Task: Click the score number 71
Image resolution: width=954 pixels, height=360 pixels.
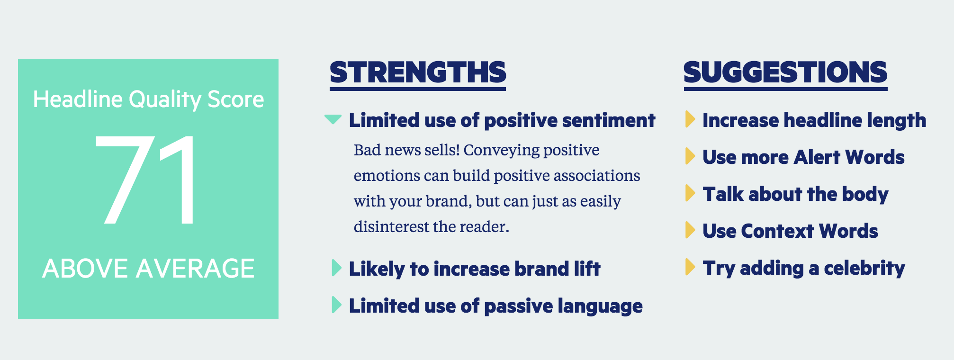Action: tap(146, 180)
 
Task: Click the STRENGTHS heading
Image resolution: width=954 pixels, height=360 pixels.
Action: tap(418, 73)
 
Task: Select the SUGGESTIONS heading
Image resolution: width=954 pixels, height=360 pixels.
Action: tap(785, 73)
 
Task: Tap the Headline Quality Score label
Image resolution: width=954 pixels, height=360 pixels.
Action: tap(148, 99)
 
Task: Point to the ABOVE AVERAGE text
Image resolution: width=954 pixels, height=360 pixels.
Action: tap(148, 269)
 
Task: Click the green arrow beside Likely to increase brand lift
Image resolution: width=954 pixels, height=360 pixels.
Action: tap(336, 268)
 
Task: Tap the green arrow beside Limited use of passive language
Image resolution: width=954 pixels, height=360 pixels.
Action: tap(336, 305)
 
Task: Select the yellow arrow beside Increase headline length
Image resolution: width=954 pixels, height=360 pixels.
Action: tap(690, 119)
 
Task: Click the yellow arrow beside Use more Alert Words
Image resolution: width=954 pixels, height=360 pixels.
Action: tap(690, 156)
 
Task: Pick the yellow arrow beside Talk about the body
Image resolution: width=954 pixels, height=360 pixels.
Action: tap(690, 193)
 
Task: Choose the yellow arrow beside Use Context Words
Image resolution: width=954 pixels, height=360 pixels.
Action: tap(690, 230)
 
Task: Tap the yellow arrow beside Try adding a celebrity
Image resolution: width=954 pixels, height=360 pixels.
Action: tap(690, 267)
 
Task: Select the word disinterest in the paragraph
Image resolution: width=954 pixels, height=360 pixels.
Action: tap(391, 227)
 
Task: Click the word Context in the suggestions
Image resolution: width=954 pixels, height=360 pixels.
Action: tap(777, 231)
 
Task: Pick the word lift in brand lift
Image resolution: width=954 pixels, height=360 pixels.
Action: tap(587, 269)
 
